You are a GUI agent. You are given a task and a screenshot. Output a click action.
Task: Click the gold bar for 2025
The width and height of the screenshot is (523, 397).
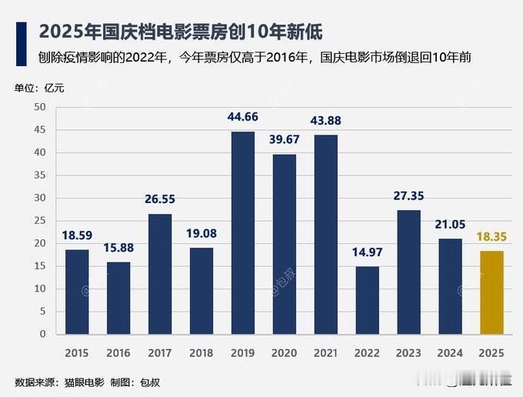[x=491, y=292]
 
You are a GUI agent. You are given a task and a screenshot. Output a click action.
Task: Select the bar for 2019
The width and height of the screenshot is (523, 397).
[x=243, y=232]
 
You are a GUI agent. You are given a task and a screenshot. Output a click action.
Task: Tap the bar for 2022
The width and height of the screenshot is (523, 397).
[x=368, y=300]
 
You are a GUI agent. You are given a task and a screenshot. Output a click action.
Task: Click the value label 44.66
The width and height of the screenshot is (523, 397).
[x=243, y=118]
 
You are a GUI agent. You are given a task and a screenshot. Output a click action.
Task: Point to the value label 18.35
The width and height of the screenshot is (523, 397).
[x=491, y=238]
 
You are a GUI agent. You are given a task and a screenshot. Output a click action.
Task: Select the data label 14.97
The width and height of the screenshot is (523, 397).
[x=368, y=253]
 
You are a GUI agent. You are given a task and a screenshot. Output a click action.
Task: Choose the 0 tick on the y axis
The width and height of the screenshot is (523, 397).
[x=42, y=334]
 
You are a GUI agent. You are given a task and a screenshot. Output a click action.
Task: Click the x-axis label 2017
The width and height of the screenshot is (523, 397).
[x=160, y=353]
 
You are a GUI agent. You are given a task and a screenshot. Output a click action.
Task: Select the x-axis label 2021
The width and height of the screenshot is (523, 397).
[x=326, y=353]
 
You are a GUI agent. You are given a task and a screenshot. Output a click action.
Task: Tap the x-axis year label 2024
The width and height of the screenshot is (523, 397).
[x=451, y=353]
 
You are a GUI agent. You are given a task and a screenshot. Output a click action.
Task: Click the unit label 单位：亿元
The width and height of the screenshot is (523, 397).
[x=39, y=87]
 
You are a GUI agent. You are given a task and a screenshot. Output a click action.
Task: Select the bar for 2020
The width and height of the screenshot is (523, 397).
[x=285, y=244]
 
